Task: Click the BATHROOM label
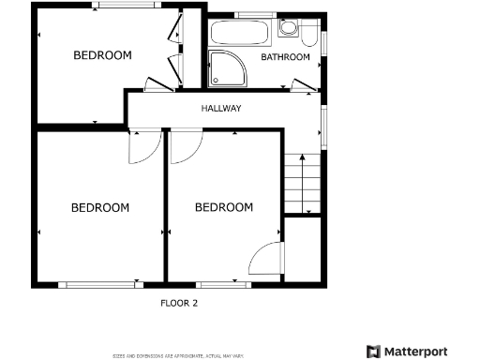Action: pyautogui.click(x=285, y=57)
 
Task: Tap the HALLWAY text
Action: pyautogui.click(x=221, y=109)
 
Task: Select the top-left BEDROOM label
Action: pyautogui.click(x=102, y=55)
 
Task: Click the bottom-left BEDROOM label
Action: pyautogui.click(x=100, y=207)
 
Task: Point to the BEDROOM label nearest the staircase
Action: pyautogui.click(x=223, y=207)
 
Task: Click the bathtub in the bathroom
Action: pyautogui.click(x=240, y=34)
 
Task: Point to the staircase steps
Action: pyautogui.click(x=303, y=183)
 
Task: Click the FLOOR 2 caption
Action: pyautogui.click(x=179, y=303)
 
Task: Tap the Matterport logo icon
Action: pyautogui.click(x=373, y=352)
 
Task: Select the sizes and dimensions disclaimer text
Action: pyautogui.click(x=178, y=356)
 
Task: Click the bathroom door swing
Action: pyautogui.click(x=305, y=87)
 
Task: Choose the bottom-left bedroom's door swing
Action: pyautogui.click(x=142, y=146)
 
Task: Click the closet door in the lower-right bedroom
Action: pyautogui.click(x=266, y=259)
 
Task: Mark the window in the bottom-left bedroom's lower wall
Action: pyautogui.click(x=98, y=283)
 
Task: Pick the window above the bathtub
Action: pyautogui.click(x=250, y=15)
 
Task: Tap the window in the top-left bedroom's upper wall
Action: pyautogui.click(x=125, y=6)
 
